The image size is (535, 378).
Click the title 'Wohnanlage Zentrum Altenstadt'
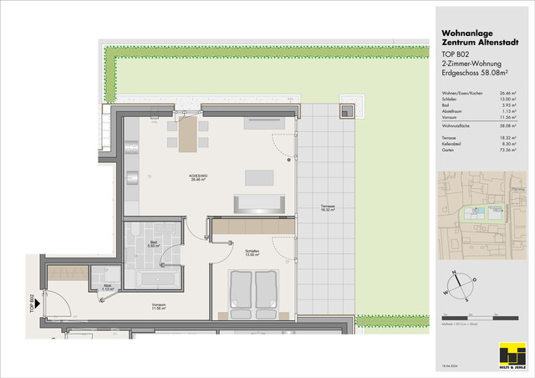click(x=471, y=39)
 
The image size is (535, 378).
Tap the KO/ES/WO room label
click(x=199, y=176)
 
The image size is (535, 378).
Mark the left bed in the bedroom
click(x=242, y=290)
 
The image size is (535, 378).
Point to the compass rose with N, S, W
click(x=461, y=284)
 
